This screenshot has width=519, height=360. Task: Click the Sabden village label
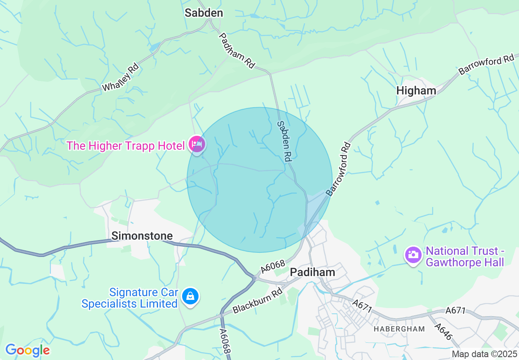[x=204, y=13]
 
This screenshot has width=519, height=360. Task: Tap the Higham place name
[x=416, y=91]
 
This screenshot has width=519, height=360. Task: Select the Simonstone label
[x=142, y=236]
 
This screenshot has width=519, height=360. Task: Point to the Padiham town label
[x=312, y=272]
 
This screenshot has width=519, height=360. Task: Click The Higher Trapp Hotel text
[x=126, y=146]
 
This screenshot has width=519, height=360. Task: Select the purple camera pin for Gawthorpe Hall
[x=413, y=255]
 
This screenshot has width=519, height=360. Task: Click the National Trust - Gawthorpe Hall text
[x=465, y=256]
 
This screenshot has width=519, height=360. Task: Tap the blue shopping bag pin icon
[x=190, y=296]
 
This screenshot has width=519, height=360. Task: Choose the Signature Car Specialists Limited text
[x=129, y=298]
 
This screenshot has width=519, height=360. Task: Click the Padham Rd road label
[x=237, y=50]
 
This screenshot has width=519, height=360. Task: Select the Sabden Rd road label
[x=284, y=140]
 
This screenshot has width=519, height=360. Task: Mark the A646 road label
[x=443, y=332]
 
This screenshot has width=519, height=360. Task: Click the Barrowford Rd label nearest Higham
[x=486, y=65]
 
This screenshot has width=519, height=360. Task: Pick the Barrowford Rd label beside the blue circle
[x=338, y=169]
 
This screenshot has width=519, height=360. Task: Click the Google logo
[x=27, y=350]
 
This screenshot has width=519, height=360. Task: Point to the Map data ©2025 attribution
[x=483, y=354]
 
